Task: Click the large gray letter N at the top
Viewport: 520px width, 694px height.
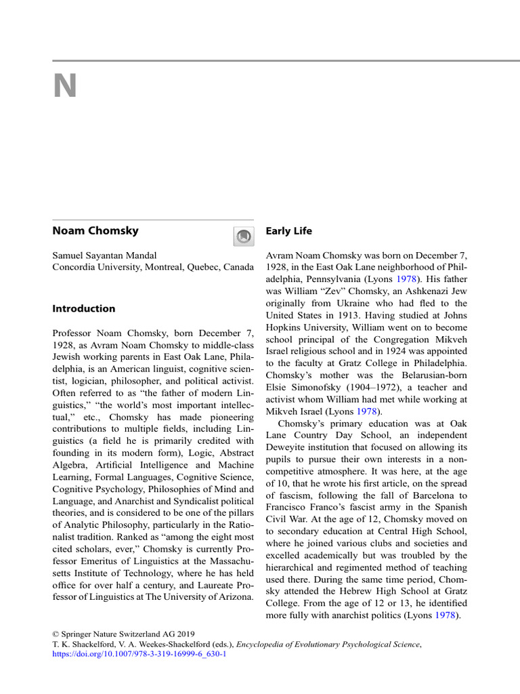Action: coord(66,87)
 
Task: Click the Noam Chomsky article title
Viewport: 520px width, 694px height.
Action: coord(95,230)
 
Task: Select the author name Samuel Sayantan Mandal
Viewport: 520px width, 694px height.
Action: coord(105,256)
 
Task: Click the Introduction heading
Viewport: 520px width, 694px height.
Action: coord(84,308)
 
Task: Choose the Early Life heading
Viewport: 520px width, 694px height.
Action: coord(289,231)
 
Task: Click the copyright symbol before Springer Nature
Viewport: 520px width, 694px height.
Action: coord(56,632)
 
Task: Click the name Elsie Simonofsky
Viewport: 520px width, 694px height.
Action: coord(305,388)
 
